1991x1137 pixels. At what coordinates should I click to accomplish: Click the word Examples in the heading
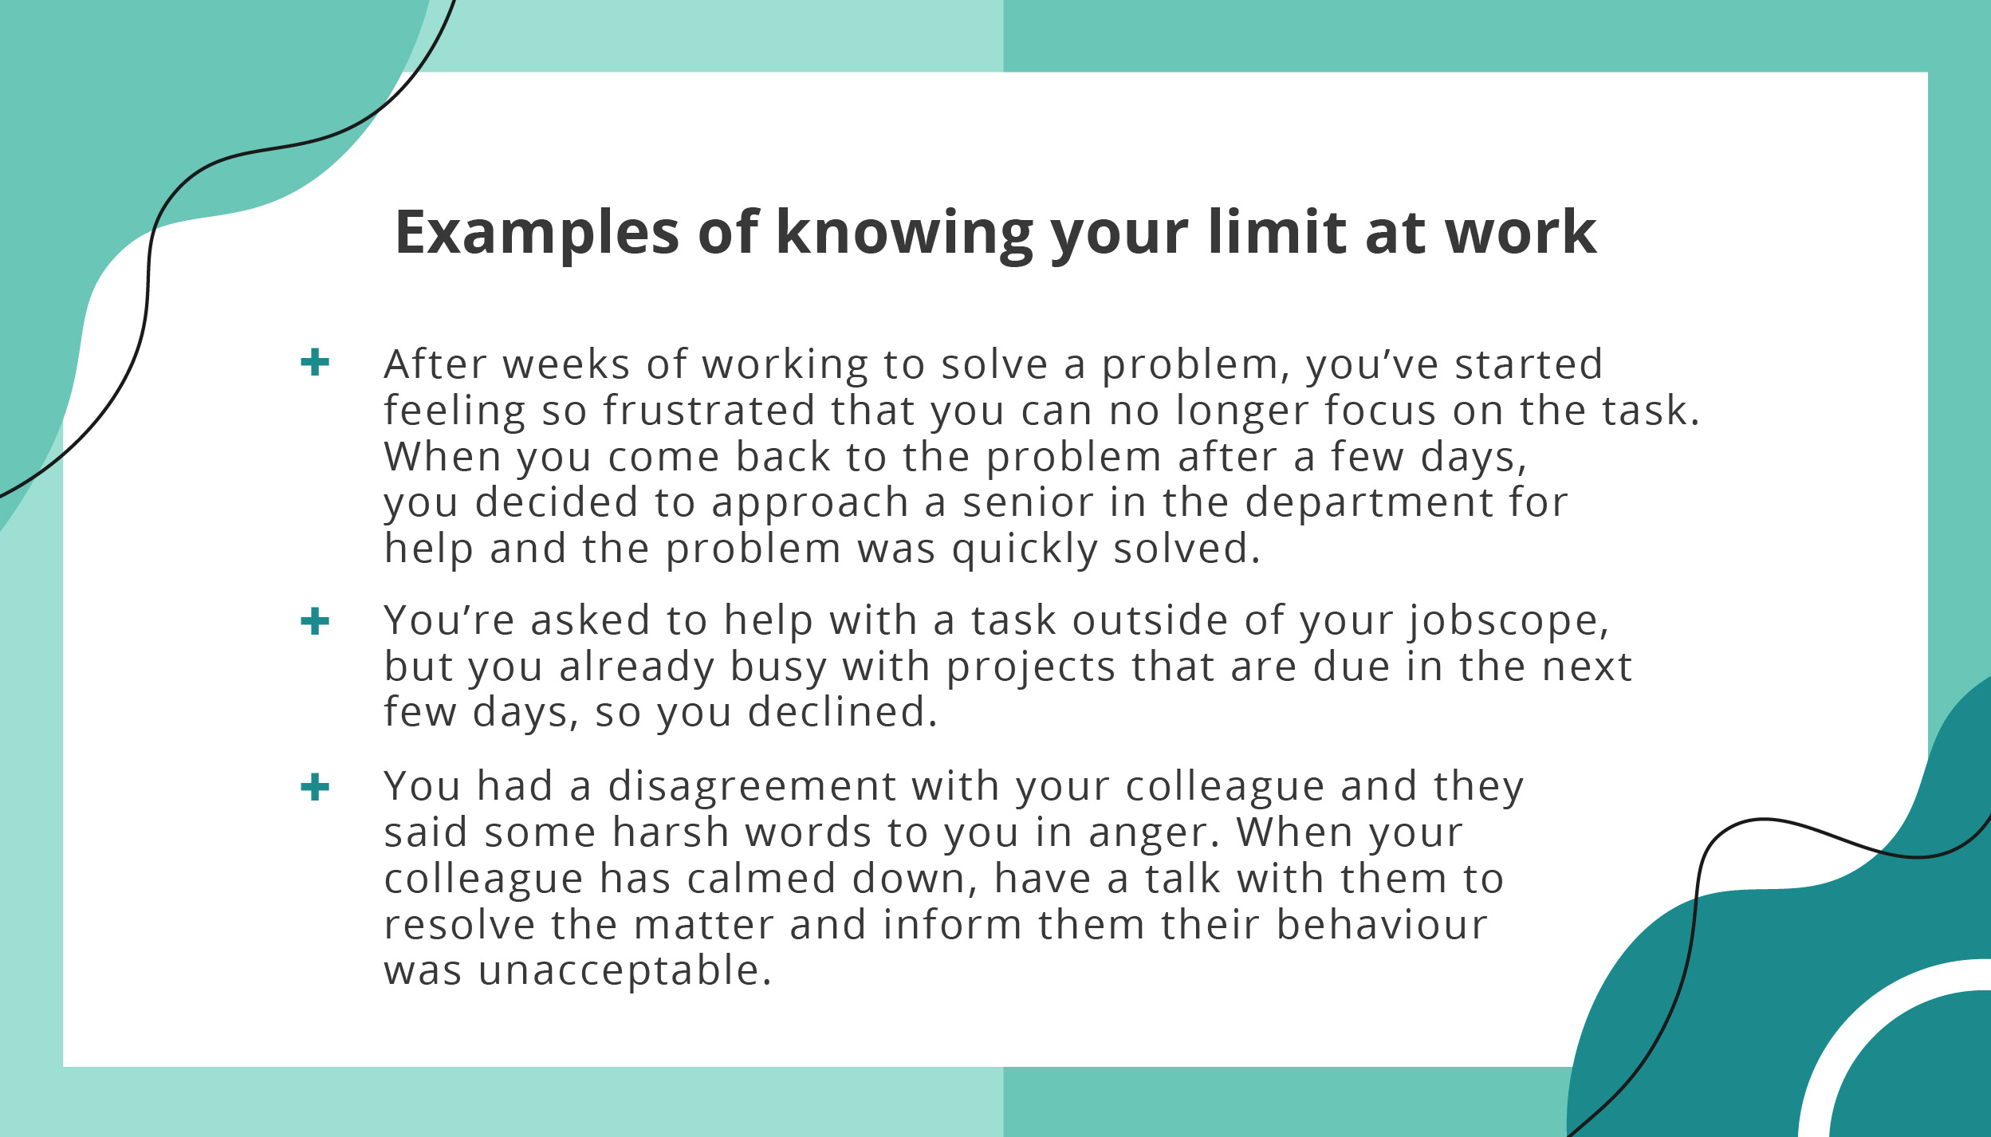[x=537, y=233]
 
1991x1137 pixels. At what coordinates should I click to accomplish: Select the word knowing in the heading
[x=903, y=233]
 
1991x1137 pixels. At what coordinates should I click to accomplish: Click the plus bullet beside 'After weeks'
[x=315, y=362]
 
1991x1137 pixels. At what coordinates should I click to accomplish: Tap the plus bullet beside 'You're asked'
[x=315, y=621]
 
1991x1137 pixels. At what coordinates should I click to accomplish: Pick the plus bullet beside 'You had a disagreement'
[x=315, y=787]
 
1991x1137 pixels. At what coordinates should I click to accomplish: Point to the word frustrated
[x=708, y=411]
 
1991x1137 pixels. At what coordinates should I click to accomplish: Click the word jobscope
[x=1508, y=622]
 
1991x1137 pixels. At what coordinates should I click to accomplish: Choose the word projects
[x=1031, y=667]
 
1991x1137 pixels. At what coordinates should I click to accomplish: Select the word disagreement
[x=752, y=787]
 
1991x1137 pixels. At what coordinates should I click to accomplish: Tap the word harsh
[x=671, y=832]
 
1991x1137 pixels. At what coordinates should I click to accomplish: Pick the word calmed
[x=761, y=879]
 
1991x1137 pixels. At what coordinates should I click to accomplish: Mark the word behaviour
[x=1381, y=925]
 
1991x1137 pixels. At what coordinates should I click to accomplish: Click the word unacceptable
[x=625, y=971]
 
